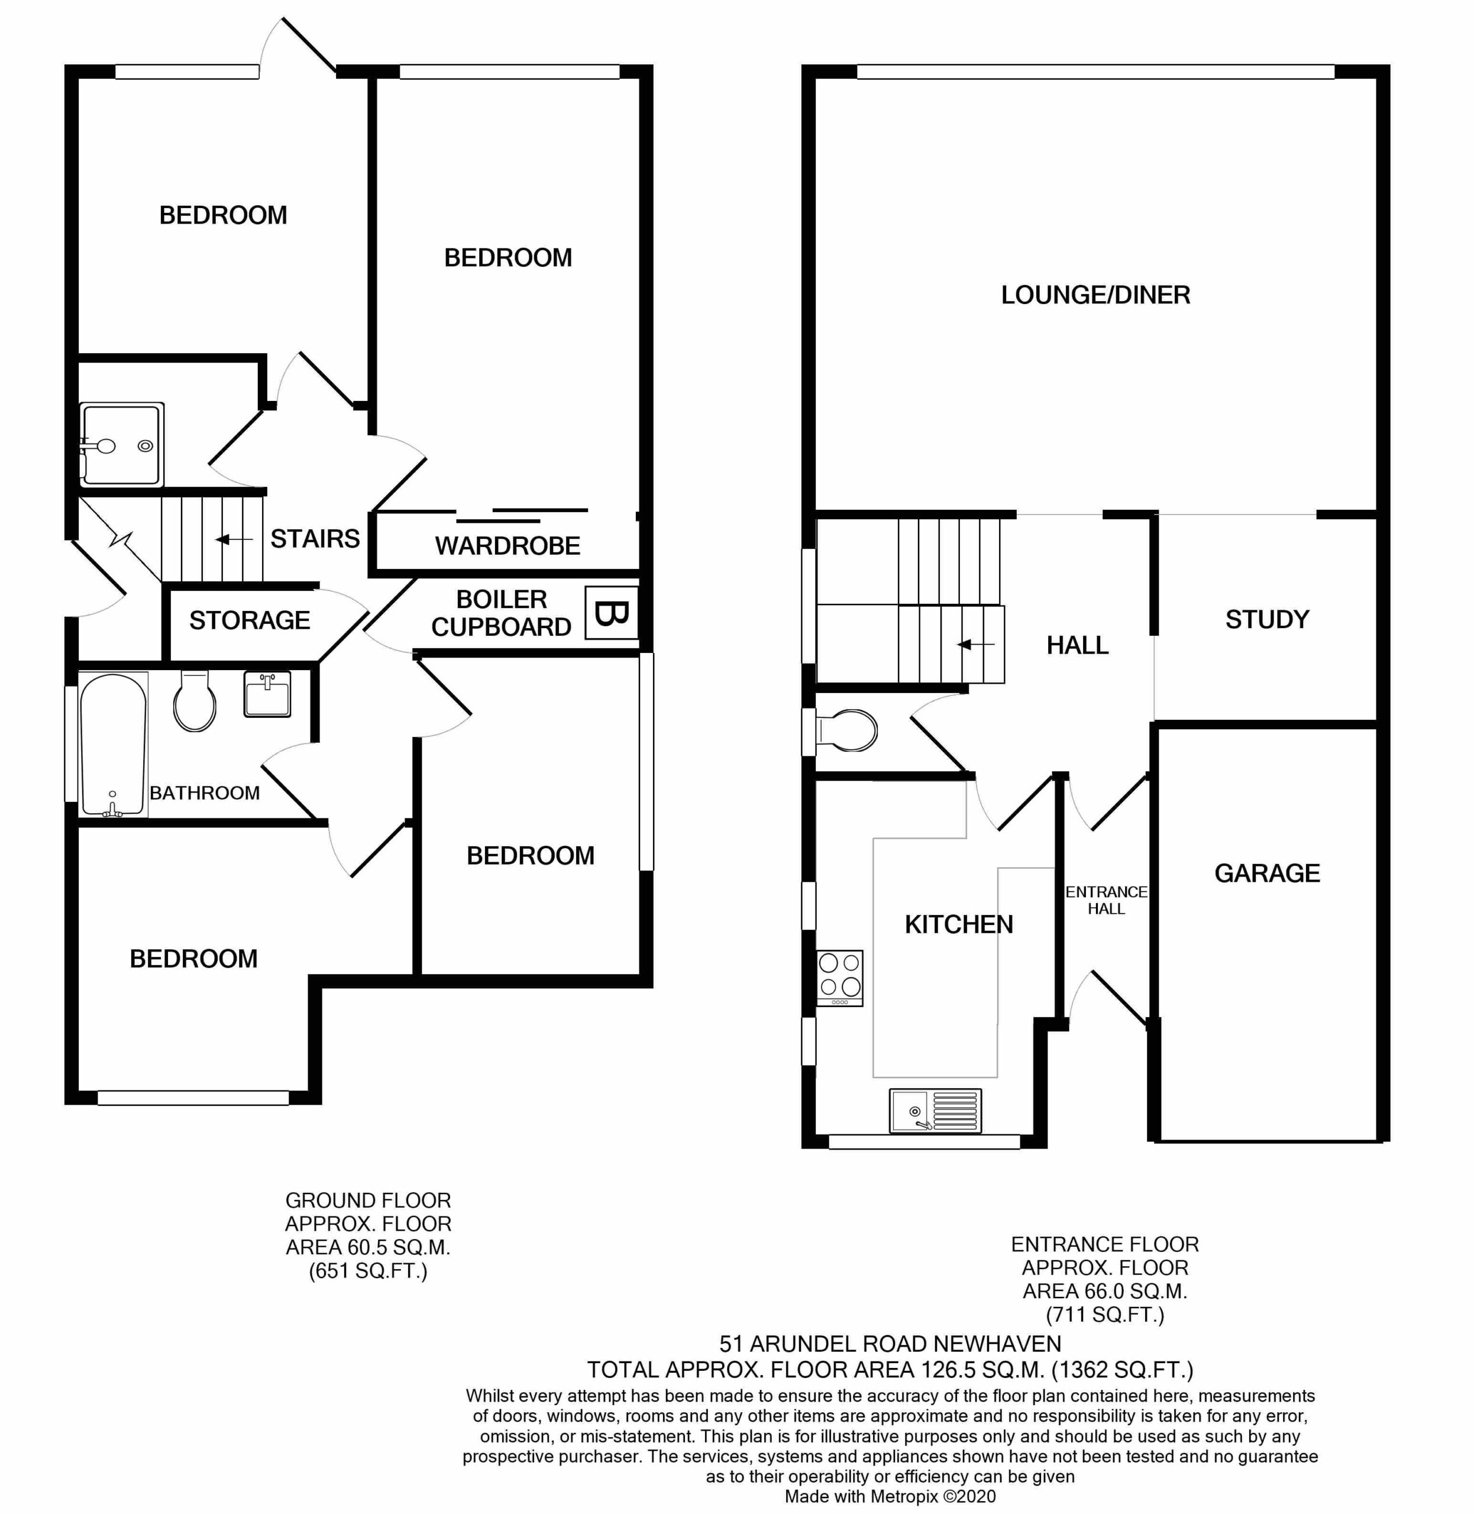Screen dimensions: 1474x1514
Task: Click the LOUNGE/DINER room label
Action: [x=1095, y=295]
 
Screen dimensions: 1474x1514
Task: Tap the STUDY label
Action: [x=1268, y=619]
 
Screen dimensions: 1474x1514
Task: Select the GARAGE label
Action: [x=1268, y=873]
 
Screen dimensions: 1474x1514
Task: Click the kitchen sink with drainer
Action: [x=936, y=1111]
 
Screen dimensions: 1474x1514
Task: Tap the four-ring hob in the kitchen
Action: [x=840, y=978]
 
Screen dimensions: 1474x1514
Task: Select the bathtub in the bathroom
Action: [x=113, y=745]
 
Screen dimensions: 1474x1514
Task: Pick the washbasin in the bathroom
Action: [x=267, y=694]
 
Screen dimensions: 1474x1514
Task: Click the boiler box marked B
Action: [x=611, y=613]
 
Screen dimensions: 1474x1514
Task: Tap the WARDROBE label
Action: [x=508, y=546]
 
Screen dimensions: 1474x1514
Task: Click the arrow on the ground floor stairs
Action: [x=234, y=539]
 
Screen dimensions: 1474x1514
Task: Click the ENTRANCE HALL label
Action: [x=1106, y=900]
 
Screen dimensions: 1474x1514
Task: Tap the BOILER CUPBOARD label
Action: [x=502, y=613]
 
